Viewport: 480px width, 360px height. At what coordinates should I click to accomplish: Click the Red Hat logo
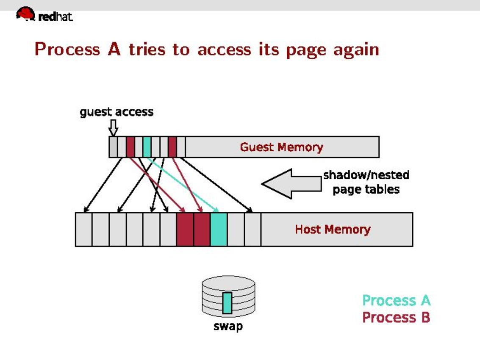(x=44, y=15)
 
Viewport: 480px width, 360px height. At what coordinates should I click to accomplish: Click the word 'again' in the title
(x=356, y=50)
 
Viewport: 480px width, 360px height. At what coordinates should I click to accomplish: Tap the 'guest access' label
(x=117, y=112)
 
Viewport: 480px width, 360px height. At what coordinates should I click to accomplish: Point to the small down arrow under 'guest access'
(x=113, y=127)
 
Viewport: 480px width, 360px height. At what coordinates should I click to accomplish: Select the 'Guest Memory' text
(x=281, y=147)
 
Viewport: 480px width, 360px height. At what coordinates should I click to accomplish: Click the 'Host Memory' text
(x=333, y=230)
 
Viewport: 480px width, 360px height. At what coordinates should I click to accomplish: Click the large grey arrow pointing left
(x=291, y=183)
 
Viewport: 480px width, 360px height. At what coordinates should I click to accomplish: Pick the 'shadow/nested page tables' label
(x=366, y=182)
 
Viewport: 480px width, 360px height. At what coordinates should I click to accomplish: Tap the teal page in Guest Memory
(x=147, y=147)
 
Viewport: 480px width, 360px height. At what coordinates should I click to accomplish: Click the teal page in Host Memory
(x=219, y=229)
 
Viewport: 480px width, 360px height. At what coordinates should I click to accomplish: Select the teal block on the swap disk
(x=228, y=302)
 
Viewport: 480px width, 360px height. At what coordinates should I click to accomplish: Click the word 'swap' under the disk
(x=228, y=327)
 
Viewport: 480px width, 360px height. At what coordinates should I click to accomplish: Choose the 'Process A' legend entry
(x=396, y=300)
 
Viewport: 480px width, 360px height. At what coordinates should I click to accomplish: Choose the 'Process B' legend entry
(x=396, y=317)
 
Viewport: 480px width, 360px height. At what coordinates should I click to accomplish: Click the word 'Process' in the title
(x=67, y=49)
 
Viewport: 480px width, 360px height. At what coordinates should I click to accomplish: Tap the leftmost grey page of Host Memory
(x=83, y=229)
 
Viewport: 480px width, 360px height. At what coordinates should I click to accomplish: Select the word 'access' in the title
(x=224, y=50)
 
